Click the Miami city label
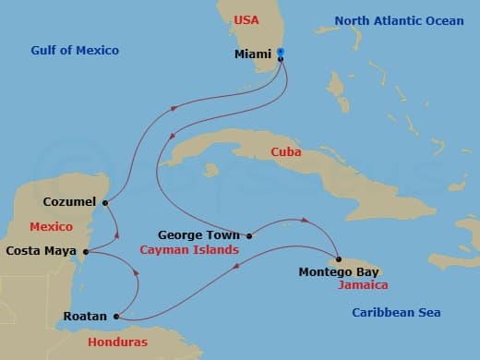click(252, 54)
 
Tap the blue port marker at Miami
click(281, 53)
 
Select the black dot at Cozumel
click(105, 203)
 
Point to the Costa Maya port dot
click(85, 251)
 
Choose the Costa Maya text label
click(42, 250)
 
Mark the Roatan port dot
click(116, 317)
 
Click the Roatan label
click(84, 317)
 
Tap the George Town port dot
click(248, 235)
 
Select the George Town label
click(199, 235)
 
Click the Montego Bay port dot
click(339, 259)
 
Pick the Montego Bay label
click(340, 272)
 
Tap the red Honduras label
click(118, 342)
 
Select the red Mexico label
click(52, 226)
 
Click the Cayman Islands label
click(189, 249)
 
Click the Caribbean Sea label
click(396, 313)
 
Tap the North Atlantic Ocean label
click(399, 20)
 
